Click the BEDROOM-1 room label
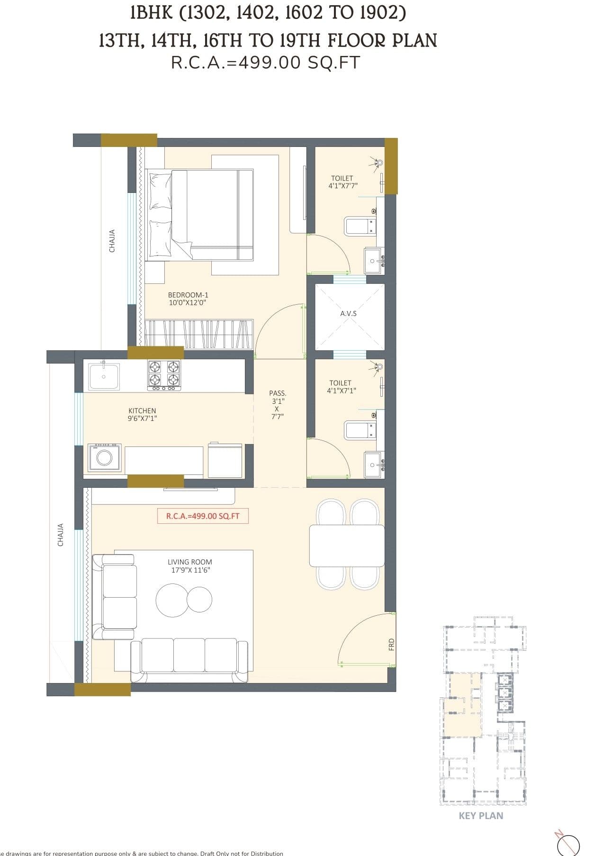pos(188,295)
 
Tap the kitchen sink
pos(104,376)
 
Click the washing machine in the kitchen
pos(104,457)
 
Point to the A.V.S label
pos(348,314)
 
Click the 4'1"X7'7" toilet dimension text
pos(342,186)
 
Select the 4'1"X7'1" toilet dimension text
pos(341,391)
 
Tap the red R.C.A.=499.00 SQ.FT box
pos(203,516)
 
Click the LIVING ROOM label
pos(190,562)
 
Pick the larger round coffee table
pos(171,600)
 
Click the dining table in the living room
pos(346,546)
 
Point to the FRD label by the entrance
pos(391,644)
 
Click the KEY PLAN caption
pos(481,816)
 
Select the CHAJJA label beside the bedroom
pos(112,241)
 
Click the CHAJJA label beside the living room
pos(60,535)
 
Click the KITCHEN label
pos(142,410)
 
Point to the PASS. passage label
pos(278,393)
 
